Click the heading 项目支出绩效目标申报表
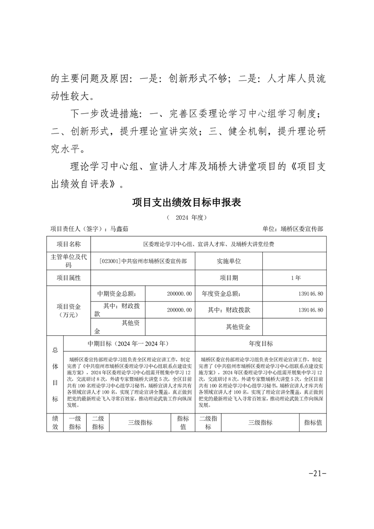[186, 202]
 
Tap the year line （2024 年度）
[187, 218]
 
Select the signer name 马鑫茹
[119, 229]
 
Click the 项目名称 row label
[68, 244]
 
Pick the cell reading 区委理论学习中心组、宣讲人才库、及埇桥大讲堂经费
[208, 245]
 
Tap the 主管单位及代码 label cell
[68, 261]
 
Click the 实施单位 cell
[229, 261]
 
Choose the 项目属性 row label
[68, 278]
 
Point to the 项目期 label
[229, 278]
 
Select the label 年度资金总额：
[221, 293]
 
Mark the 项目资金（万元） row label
[68, 310]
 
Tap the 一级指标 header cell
[75, 422]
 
